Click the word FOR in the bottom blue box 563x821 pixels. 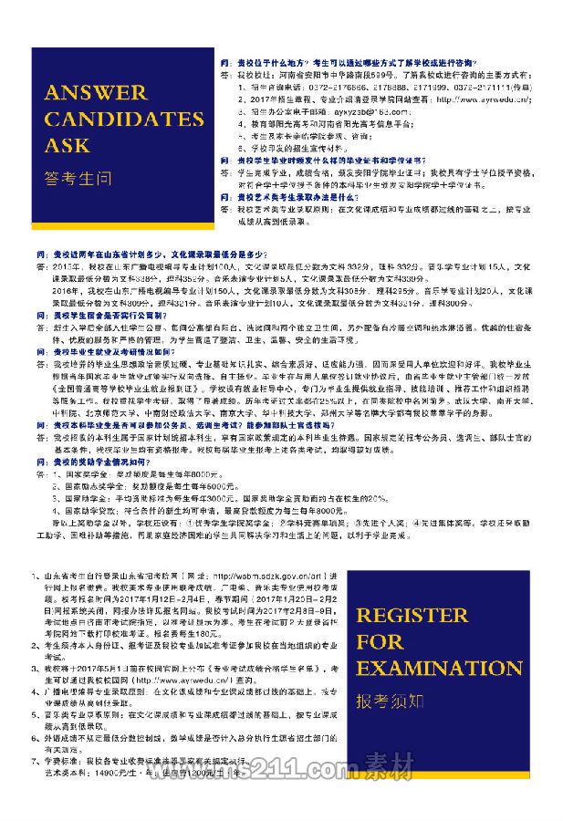[380, 642]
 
